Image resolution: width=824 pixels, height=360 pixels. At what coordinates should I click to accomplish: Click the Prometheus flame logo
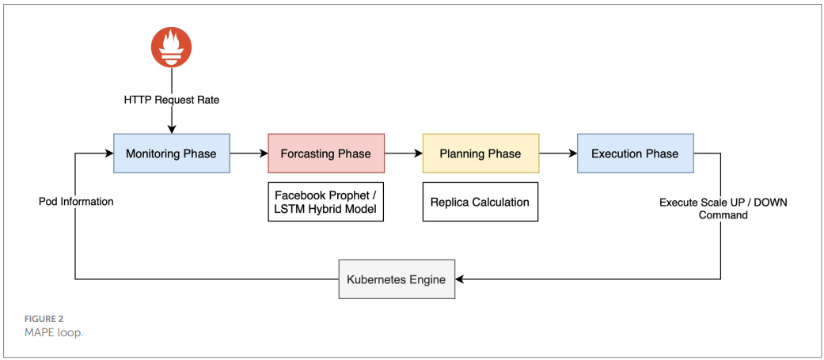tap(171, 47)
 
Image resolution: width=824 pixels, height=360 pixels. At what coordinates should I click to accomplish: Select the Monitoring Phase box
tap(172, 153)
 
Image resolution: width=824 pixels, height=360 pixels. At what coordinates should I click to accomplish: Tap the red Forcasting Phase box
tap(326, 153)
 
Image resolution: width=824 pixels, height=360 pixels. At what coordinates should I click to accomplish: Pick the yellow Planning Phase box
tap(480, 153)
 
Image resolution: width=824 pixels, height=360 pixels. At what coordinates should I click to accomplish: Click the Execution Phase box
tap(636, 153)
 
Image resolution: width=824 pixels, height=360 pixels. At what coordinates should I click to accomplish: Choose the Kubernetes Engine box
tap(397, 279)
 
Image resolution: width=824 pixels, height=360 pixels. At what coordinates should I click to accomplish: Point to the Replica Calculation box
tap(480, 202)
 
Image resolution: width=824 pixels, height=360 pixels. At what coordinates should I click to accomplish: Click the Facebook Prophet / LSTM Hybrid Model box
tap(326, 202)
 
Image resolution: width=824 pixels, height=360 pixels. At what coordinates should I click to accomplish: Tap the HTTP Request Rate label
tap(172, 100)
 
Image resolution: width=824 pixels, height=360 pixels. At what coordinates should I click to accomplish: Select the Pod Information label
tap(76, 201)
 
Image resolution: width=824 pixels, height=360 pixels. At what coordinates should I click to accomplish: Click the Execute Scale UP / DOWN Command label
tap(723, 208)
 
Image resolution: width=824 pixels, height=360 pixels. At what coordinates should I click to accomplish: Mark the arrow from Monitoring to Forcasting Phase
tap(249, 153)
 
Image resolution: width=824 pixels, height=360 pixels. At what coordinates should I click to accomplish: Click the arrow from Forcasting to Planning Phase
tap(404, 153)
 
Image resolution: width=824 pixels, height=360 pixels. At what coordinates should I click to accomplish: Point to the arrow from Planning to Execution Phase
tap(558, 153)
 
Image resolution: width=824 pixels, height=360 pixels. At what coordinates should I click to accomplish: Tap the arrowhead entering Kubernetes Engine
tap(459, 279)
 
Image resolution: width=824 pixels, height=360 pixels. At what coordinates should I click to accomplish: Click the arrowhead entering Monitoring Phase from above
tap(172, 129)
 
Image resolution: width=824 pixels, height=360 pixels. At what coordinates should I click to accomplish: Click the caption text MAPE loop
tap(54, 333)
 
